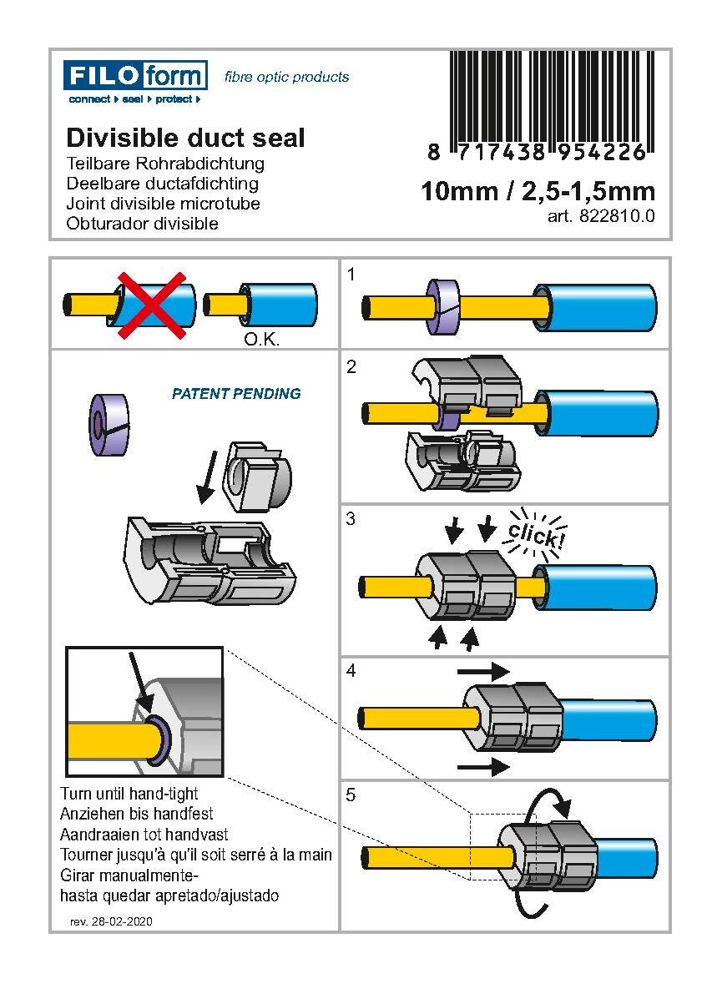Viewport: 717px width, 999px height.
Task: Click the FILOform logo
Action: point(135,77)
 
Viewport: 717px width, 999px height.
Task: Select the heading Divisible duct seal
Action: point(185,138)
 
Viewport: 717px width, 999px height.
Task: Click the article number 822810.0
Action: point(600,215)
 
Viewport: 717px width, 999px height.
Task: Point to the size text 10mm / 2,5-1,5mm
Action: point(538,191)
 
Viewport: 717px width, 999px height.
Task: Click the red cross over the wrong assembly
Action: point(151,305)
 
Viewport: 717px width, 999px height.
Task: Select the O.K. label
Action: point(260,340)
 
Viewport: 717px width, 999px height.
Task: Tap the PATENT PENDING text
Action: point(236,394)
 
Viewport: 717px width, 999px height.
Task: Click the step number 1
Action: point(351,273)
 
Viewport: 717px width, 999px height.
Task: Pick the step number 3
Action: point(351,519)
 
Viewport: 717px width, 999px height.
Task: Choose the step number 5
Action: point(351,795)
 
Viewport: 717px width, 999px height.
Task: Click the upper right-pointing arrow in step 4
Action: point(482,670)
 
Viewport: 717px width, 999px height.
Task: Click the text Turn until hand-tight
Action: point(129,793)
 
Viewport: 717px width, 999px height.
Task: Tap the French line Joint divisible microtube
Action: point(163,204)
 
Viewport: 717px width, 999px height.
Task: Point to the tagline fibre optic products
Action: point(286,77)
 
